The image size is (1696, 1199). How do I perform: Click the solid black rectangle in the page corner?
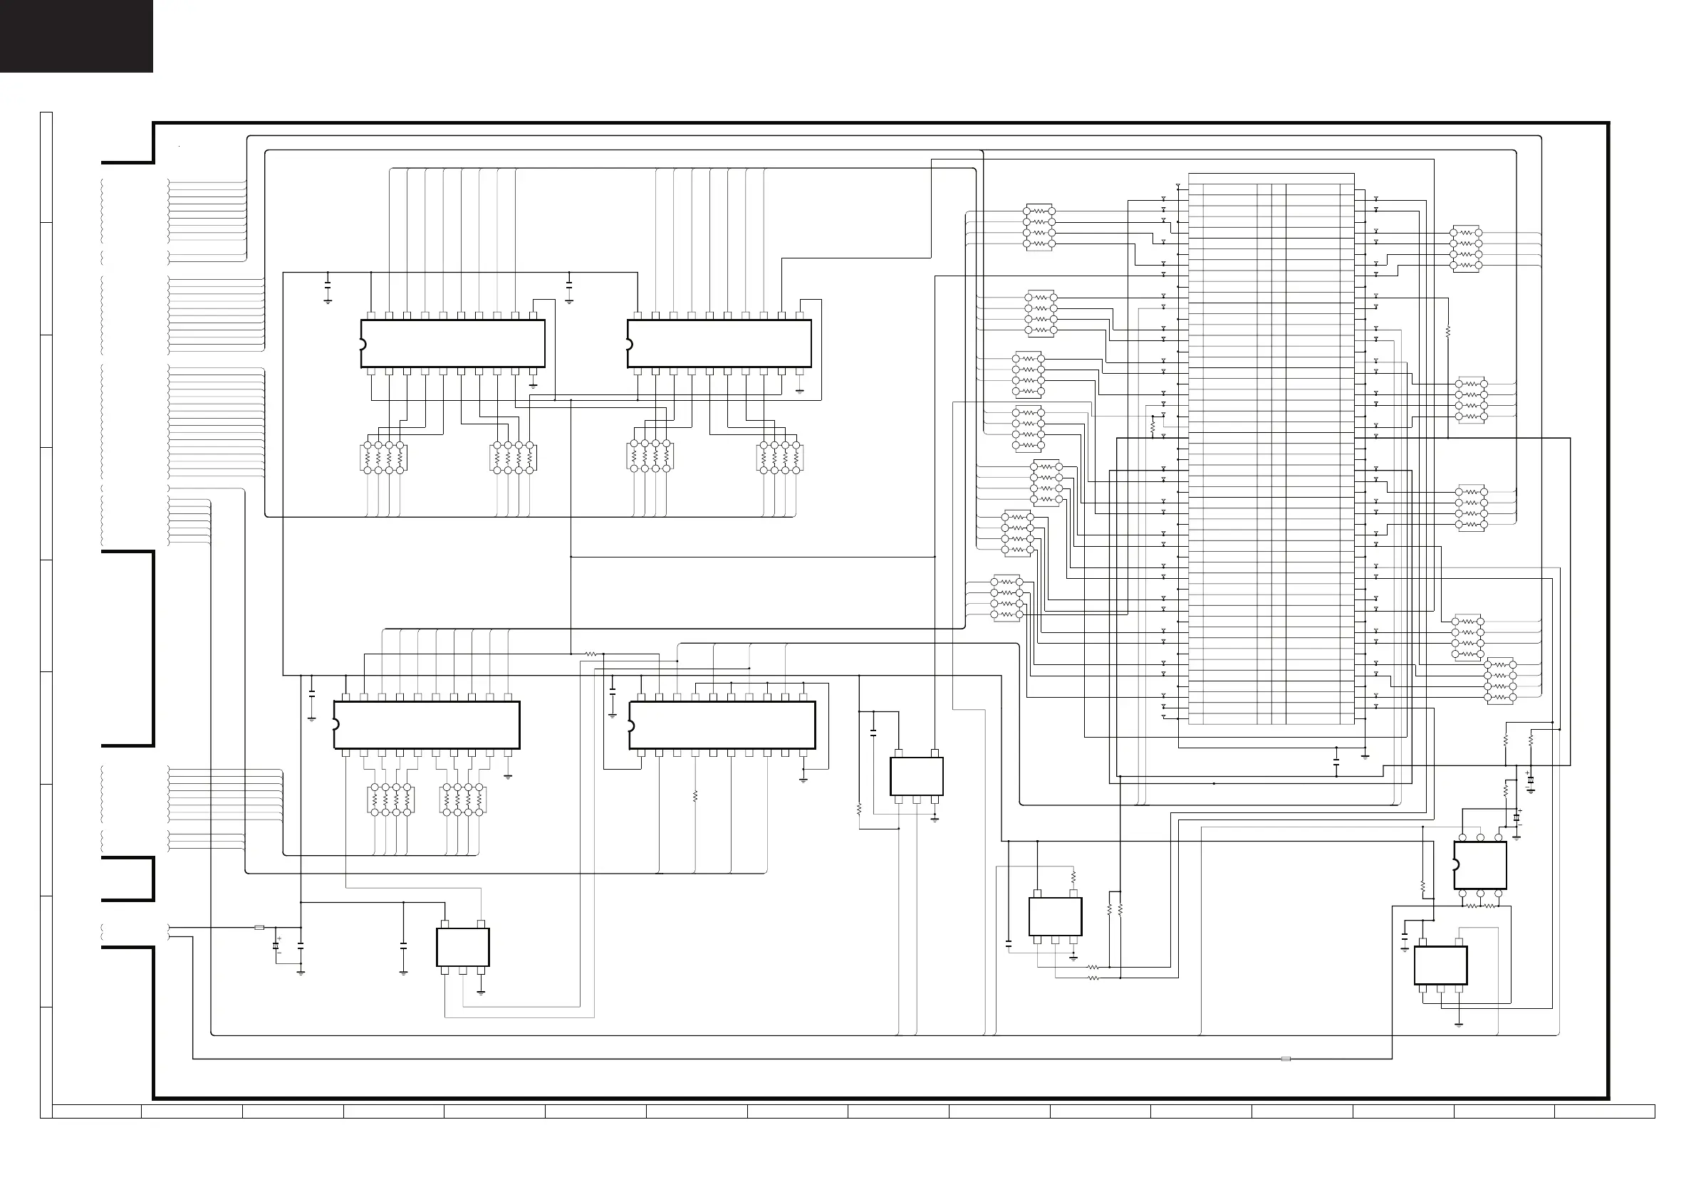coord(76,36)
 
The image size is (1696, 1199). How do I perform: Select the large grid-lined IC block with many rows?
coord(1271,449)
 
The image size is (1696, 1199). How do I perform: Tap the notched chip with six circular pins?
coord(1479,864)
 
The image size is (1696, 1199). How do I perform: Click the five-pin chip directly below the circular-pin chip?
coord(1440,965)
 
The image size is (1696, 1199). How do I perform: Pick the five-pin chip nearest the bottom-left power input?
coord(462,947)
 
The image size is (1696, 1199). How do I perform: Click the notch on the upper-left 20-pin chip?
coord(362,344)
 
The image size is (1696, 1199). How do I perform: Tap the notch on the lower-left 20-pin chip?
coord(335,724)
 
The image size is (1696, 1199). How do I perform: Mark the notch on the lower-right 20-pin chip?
coord(631,724)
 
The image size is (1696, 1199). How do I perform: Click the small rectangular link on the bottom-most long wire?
coord(1285,1059)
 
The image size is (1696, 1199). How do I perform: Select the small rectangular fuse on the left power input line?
coord(259,927)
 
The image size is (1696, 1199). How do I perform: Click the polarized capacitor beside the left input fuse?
coord(276,946)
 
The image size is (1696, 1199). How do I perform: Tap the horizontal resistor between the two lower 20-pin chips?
coord(592,654)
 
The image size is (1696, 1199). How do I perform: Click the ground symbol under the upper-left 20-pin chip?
coord(534,384)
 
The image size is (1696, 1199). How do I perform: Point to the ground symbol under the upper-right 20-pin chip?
coord(800,389)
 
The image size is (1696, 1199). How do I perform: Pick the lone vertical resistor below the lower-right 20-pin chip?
coord(695,797)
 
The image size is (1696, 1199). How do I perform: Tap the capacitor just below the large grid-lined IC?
coord(1336,760)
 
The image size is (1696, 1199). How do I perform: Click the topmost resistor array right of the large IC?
coord(1466,248)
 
